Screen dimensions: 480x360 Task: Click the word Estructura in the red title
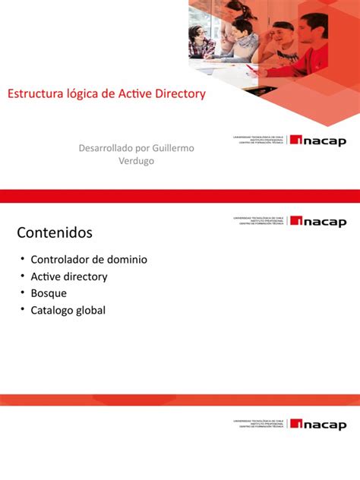click(34, 94)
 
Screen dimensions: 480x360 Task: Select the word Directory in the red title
click(178, 94)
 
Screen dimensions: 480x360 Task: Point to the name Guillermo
click(172, 147)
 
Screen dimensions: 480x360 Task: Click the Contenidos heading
click(54, 231)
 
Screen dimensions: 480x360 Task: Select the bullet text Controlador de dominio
click(89, 259)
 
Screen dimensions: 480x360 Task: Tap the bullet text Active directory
click(69, 276)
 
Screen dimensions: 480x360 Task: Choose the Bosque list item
click(49, 293)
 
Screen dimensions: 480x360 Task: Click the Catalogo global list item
click(68, 310)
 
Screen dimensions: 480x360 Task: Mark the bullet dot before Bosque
click(23, 292)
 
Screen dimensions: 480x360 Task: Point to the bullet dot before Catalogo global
click(23, 309)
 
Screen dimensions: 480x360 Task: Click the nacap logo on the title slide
click(318, 141)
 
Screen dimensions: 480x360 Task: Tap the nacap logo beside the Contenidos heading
click(318, 221)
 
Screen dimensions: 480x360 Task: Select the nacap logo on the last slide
click(318, 424)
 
